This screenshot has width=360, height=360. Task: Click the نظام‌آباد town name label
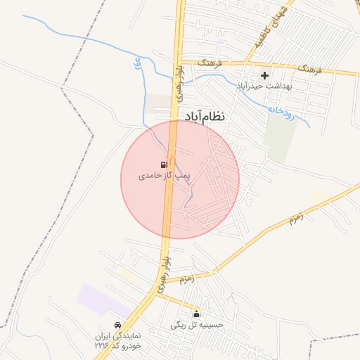(x=205, y=116)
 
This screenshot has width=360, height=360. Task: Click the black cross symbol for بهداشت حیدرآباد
(x=265, y=75)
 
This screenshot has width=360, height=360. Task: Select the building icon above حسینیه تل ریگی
(x=196, y=314)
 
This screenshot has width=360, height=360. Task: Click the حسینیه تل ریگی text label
(x=197, y=325)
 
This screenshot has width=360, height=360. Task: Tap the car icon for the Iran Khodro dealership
(x=119, y=326)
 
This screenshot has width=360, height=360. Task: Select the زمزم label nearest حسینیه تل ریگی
(x=187, y=279)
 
